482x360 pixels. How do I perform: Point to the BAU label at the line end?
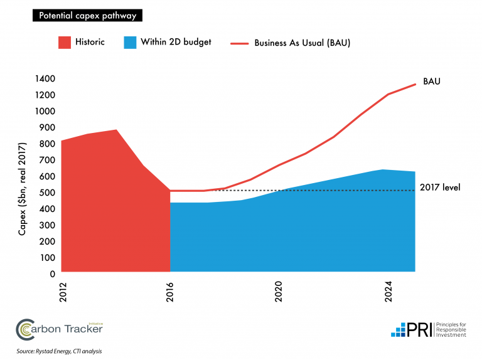pyautogui.click(x=431, y=82)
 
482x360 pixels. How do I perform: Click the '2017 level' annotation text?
pyautogui.click(x=441, y=187)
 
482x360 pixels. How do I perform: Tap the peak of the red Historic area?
pyautogui.click(x=116, y=130)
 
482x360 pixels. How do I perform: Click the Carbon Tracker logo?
pyautogui.click(x=59, y=327)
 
